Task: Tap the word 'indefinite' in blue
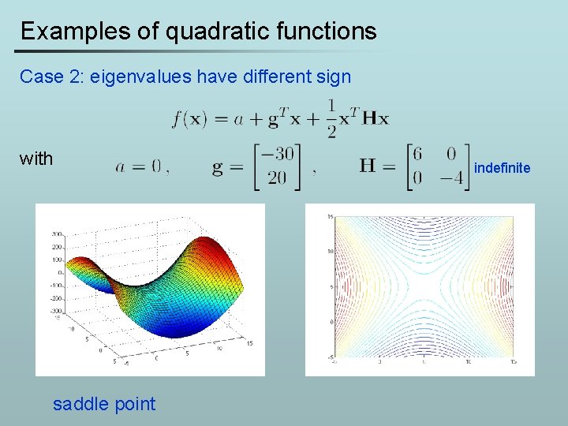pos(502,167)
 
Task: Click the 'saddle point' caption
pos(104,404)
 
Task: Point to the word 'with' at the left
pos(36,159)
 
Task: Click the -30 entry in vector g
pos(276,154)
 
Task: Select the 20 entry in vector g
pos(277,178)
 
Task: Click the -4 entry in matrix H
pos(452,178)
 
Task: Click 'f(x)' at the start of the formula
pos(189,118)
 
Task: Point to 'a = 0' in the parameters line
pos(138,166)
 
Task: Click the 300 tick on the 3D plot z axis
pos(58,234)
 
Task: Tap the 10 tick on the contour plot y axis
pos(331,252)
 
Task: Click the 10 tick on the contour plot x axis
pos(468,361)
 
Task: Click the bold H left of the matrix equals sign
pos(367,166)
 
